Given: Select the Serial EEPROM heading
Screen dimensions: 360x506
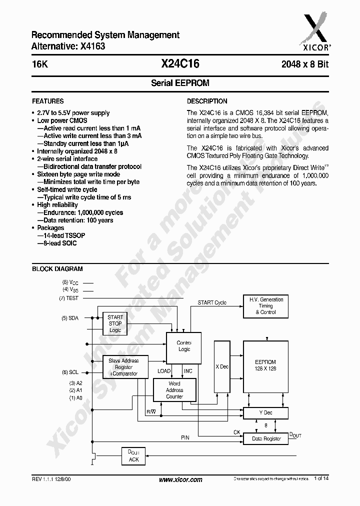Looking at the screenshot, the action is pos(180,83).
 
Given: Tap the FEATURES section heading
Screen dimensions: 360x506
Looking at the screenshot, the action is pos(48,101).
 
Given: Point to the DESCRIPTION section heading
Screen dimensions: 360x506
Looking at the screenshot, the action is pos(207,101).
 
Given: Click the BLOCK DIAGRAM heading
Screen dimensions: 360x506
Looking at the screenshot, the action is pos(57,269).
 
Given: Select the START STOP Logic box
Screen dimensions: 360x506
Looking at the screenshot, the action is pos(115,323).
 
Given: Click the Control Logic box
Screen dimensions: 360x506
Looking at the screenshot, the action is pos(184,346).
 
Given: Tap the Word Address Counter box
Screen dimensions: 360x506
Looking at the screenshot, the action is pos(174,390).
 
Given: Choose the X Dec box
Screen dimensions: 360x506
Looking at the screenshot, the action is pos(221,366).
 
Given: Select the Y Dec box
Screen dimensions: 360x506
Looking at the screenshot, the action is pos(265,413).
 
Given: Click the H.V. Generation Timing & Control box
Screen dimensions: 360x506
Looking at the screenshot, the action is pos(265,306).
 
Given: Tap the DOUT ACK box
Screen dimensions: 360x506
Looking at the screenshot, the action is pos(133,455).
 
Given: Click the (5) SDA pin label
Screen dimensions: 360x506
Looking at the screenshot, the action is pos(70,318).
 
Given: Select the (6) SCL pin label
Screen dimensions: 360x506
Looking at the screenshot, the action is pos(70,372).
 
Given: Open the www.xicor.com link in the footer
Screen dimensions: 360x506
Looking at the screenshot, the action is pos(180,479).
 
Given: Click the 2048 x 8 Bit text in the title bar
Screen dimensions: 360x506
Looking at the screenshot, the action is pos(304,64).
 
